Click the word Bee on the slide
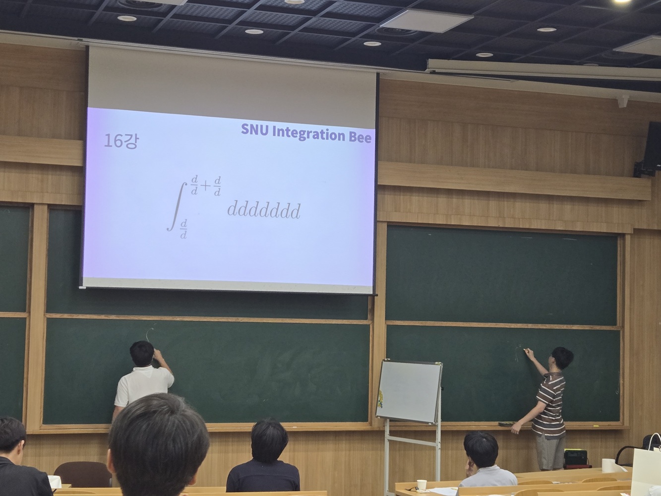pos(360,137)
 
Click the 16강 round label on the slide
pos(121,141)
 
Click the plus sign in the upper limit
pos(205,186)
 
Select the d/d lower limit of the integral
pos(183,229)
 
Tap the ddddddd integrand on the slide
pos(264,210)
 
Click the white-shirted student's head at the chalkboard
pos(142,354)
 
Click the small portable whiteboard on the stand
pos(409,391)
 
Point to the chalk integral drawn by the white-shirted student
pos(150,334)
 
